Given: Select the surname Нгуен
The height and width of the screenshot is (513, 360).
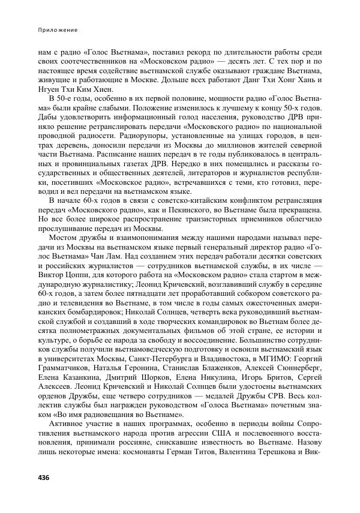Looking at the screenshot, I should tap(50, 89).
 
